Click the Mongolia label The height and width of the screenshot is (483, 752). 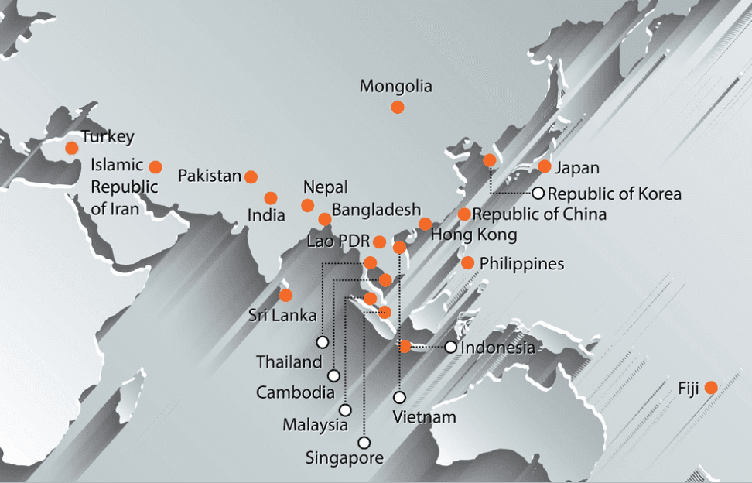click(395, 87)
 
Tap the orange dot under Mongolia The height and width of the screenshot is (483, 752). click(397, 108)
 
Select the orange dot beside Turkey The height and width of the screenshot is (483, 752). click(72, 148)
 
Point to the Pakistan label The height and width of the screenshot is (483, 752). click(210, 176)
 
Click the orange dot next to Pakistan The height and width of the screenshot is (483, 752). click(251, 177)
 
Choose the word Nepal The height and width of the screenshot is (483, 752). click(325, 187)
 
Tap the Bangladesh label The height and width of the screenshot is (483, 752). click(377, 209)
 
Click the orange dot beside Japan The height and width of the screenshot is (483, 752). click(545, 166)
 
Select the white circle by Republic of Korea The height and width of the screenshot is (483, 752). click(538, 193)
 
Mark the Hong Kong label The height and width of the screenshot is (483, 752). click(473, 234)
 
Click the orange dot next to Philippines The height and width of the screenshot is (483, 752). click(468, 262)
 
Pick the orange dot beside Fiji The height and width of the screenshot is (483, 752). click(711, 387)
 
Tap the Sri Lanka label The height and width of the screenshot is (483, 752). click(282, 315)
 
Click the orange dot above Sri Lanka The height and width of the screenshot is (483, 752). click(285, 295)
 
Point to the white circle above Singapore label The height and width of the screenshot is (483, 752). click(364, 442)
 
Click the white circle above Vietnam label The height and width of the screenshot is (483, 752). click(399, 397)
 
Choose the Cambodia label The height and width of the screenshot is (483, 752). click(296, 392)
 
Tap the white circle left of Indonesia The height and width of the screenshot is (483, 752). click(450, 347)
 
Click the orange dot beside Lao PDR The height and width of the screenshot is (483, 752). click(379, 242)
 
